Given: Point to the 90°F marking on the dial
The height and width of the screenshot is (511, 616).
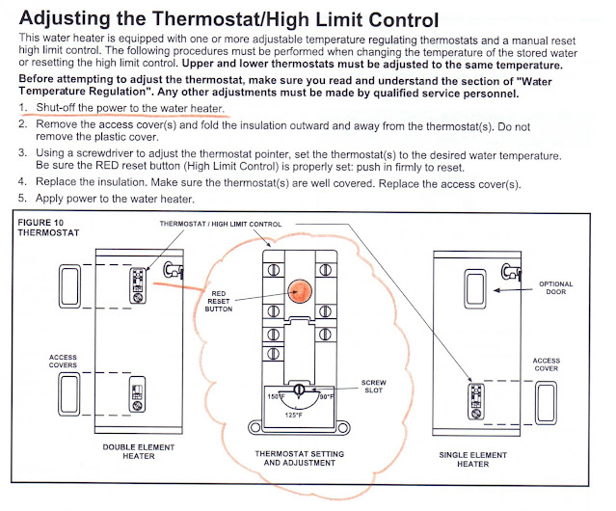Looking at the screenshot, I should pyautogui.click(x=325, y=396).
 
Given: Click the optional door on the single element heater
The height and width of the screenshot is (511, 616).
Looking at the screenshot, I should pyautogui.click(x=475, y=284).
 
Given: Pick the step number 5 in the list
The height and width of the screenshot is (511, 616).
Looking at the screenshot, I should pyautogui.click(x=21, y=198).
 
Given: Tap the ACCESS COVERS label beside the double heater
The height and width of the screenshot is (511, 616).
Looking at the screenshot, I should pyautogui.click(x=63, y=361).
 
